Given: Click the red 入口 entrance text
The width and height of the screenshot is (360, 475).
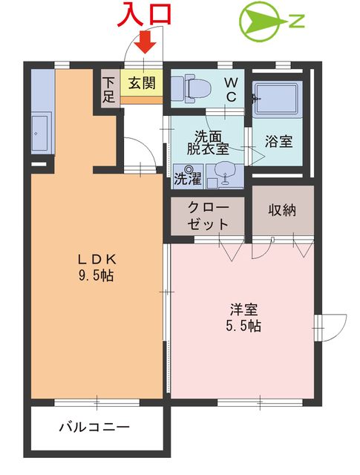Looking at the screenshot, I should click(x=146, y=14).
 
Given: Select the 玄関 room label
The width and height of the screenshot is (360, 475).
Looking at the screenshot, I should click(x=142, y=82).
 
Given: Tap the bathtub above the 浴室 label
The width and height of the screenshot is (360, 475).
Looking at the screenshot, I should click(x=276, y=99).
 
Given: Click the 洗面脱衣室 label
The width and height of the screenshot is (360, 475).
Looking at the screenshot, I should click(x=203, y=142).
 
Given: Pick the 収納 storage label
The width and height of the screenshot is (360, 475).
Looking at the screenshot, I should click(x=281, y=209).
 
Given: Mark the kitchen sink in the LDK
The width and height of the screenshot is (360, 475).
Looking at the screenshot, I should click(x=42, y=134).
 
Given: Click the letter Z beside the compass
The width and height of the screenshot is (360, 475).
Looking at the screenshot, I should click(x=296, y=22).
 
